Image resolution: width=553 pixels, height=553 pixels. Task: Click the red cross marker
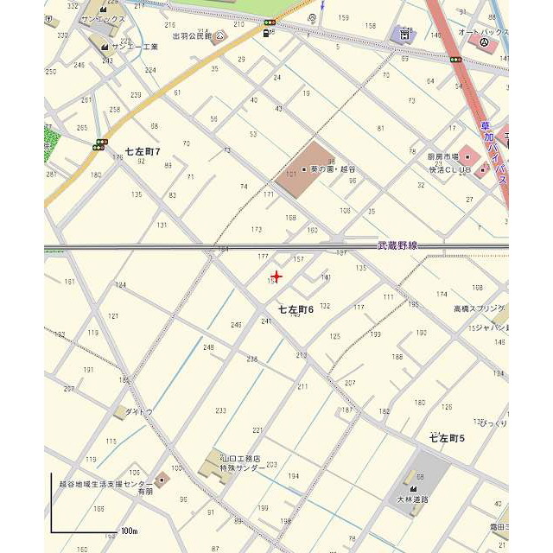[276, 276]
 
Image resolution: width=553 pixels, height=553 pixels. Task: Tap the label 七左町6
[296, 309]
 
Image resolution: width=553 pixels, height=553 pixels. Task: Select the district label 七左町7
[143, 151]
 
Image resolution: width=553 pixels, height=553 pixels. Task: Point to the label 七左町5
[447, 439]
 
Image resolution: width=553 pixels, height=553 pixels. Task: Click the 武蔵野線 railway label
[397, 245]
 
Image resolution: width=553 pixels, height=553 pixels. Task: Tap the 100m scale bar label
[129, 530]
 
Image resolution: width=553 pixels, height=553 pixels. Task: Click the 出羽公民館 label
[192, 36]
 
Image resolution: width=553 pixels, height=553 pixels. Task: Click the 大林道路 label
[412, 499]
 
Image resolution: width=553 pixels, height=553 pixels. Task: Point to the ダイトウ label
[139, 412]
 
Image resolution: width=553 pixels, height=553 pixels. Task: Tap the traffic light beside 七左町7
[101, 144]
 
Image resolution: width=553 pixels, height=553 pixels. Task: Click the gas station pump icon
[263, 34]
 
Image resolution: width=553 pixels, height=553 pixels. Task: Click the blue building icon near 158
[402, 35]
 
